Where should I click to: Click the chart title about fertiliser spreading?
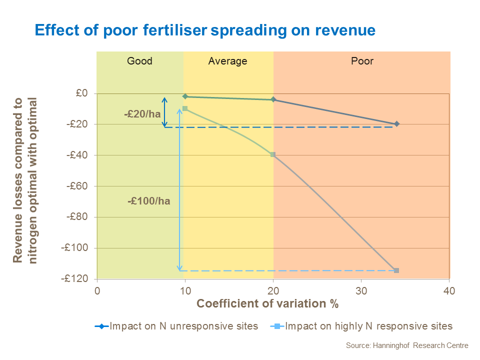tap(205, 30)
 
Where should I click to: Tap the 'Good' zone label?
tap(139, 61)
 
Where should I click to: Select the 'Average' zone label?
tap(227, 61)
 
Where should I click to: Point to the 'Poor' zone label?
tap(362, 61)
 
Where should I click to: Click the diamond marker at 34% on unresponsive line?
tap(396, 123)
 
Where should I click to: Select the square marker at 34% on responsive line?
tap(396, 270)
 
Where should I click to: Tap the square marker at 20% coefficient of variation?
tap(273, 154)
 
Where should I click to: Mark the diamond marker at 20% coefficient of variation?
tap(273, 99)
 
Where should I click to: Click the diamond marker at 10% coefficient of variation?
tap(185, 96)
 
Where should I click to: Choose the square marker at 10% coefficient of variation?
tap(185, 108)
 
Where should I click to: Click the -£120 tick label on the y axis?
tap(75, 279)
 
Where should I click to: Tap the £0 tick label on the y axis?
tap(82, 93)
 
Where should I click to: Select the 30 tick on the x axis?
tap(361, 290)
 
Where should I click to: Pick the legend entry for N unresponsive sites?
tap(176, 326)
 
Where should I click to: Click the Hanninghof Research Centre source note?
tap(407, 345)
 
